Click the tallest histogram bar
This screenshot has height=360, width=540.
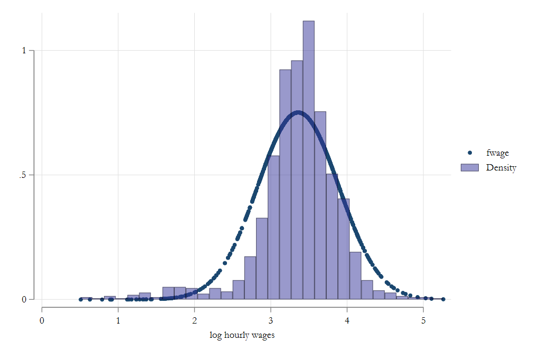point(308,158)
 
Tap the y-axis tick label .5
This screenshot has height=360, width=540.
point(23,175)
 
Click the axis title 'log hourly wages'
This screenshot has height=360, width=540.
point(242,335)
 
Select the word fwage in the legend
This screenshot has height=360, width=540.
point(497,153)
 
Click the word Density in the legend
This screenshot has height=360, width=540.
point(501,167)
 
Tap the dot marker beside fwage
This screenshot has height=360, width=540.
point(469,153)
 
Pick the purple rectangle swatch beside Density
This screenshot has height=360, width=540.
point(469,167)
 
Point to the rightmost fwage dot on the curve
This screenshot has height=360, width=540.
point(443,299)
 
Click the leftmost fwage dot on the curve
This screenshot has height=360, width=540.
point(80,299)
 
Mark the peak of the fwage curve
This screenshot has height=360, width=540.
point(298,112)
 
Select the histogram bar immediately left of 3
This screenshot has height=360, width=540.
point(262,259)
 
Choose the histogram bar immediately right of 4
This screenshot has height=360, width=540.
point(355,276)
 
